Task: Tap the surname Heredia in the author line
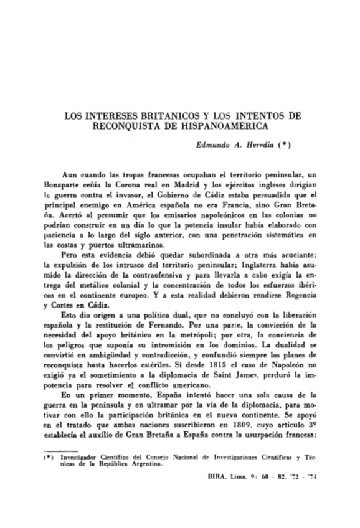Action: click(x=249, y=144)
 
